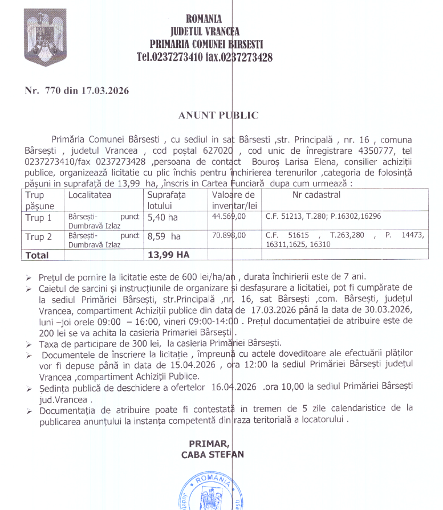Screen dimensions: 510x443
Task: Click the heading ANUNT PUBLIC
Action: pos(218,115)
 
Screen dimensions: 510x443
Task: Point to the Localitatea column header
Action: pos(90,195)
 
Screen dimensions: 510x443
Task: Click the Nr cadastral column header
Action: pos(316,195)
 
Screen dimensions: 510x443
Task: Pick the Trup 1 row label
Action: pos(38,218)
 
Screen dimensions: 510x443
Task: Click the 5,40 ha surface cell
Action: pos(162,218)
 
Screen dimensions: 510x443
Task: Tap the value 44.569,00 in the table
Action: pos(229,217)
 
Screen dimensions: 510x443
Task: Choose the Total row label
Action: pos(37,255)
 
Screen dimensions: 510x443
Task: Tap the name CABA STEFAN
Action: pos(212,454)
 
